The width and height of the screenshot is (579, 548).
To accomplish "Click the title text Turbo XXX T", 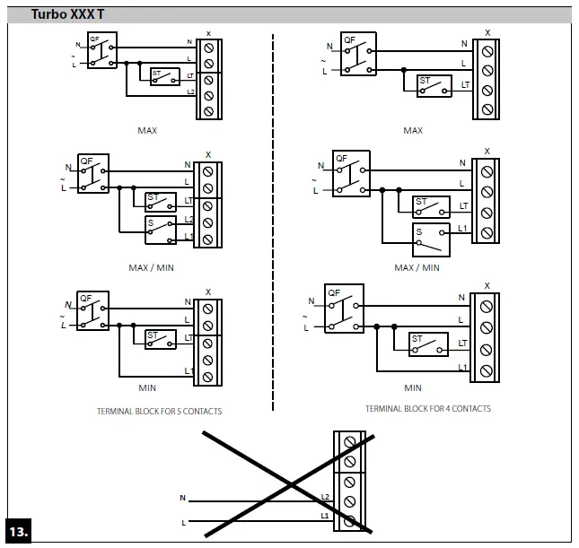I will tap(67, 14).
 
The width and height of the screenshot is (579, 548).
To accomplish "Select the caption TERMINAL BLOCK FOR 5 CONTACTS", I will tap(159, 412).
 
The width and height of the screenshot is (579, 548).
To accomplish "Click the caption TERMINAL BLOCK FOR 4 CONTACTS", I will tap(427, 408).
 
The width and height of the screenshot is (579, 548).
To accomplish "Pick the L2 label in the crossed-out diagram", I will tap(326, 496).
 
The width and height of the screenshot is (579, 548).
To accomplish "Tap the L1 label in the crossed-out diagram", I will tap(326, 517).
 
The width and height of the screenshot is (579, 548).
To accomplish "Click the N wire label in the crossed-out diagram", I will tap(182, 497).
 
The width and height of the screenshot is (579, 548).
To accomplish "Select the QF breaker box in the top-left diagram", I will tap(100, 52).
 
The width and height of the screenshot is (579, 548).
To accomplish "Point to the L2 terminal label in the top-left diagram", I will tap(190, 92).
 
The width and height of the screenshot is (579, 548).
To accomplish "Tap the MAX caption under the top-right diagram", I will tap(413, 131).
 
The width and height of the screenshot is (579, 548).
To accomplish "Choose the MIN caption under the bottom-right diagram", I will tap(413, 388).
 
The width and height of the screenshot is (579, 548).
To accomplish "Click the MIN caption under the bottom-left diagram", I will tap(147, 388).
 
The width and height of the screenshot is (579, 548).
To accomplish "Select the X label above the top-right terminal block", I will tap(487, 33).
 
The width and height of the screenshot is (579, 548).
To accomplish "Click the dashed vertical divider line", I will tap(273, 224).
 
